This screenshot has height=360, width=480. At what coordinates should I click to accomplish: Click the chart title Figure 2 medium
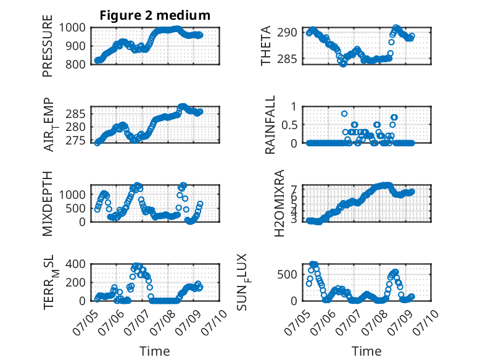(155, 15)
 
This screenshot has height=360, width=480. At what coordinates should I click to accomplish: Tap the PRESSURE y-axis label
(48, 46)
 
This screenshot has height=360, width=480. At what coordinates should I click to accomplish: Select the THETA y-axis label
(266, 46)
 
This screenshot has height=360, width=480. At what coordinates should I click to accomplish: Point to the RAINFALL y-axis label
(270, 125)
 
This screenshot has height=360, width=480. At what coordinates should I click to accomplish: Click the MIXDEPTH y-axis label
(48, 204)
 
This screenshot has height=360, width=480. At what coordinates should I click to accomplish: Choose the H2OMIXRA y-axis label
(279, 203)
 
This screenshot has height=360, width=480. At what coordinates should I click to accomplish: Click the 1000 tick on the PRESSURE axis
(72, 28)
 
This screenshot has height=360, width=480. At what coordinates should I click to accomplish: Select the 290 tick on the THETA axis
(287, 32)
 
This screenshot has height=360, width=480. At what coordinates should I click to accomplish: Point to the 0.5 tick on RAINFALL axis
(289, 125)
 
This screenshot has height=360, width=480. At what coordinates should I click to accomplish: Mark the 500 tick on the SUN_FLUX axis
(287, 274)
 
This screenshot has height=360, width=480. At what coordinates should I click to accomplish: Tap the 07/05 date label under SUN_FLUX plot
(297, 322)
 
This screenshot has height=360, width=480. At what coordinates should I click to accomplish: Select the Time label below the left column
(155, 351)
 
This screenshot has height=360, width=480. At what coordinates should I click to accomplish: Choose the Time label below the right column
(366, 351)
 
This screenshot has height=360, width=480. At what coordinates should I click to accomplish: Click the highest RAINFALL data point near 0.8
(344, 114)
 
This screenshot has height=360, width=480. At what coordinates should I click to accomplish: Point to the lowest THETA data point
(343, 64)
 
